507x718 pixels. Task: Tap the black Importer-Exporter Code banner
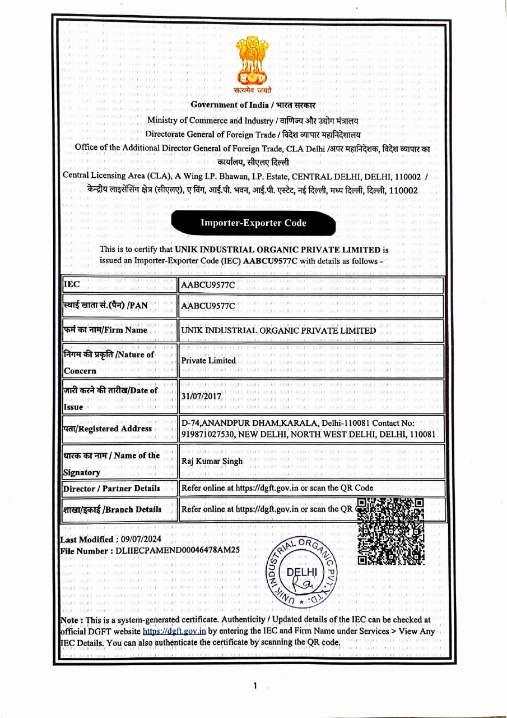tap(253, 223)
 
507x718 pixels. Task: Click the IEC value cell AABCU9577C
tap(208, 286)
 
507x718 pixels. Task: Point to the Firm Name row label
tap(105, 330)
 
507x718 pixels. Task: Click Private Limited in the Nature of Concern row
tap(208, 361)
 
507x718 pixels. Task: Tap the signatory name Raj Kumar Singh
tap(212, 462)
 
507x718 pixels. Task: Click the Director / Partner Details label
tap(111, 489)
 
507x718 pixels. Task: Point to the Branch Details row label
tap(112, 509)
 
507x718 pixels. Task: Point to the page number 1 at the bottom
tap(255, 685)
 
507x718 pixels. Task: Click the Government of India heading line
tap(253, 105)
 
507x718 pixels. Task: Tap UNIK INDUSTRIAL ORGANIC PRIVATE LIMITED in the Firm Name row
tap(278, 330)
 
